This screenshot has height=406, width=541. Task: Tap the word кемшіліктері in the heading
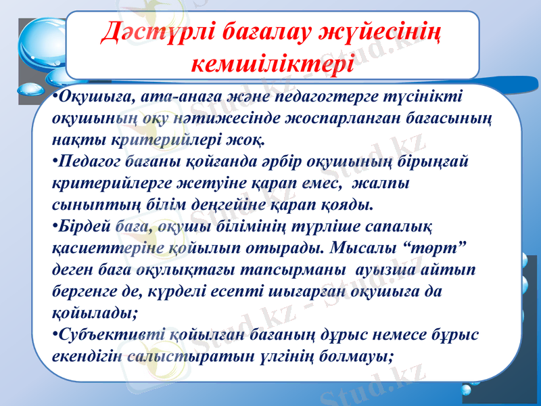pyautogui.click(x=273, y=63)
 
